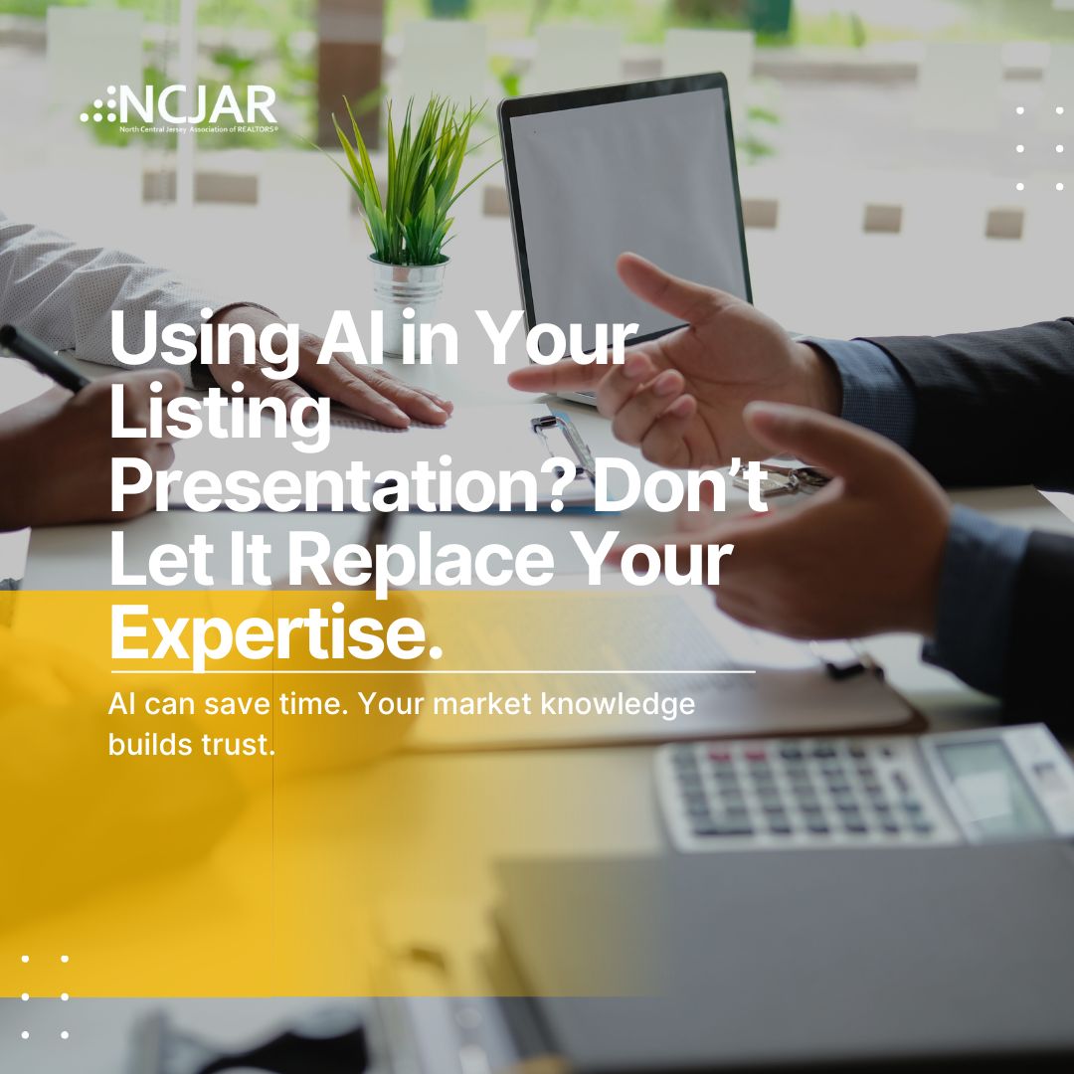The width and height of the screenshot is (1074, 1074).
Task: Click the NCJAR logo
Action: [x=179, y=108]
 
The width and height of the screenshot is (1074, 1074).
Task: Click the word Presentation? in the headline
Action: [x=339, y=485]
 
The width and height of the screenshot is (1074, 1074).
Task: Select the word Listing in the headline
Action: [x=220, y=413]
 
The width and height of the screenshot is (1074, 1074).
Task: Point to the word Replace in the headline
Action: [x=421, y=559]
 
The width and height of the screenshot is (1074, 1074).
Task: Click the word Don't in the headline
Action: [x=681, y=485]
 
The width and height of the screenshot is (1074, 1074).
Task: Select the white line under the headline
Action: [x=433, y=672]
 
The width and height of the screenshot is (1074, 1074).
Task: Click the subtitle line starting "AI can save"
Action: [x=402, y=705]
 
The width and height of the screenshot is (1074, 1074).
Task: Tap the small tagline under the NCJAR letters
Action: [x=199, y=129]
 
